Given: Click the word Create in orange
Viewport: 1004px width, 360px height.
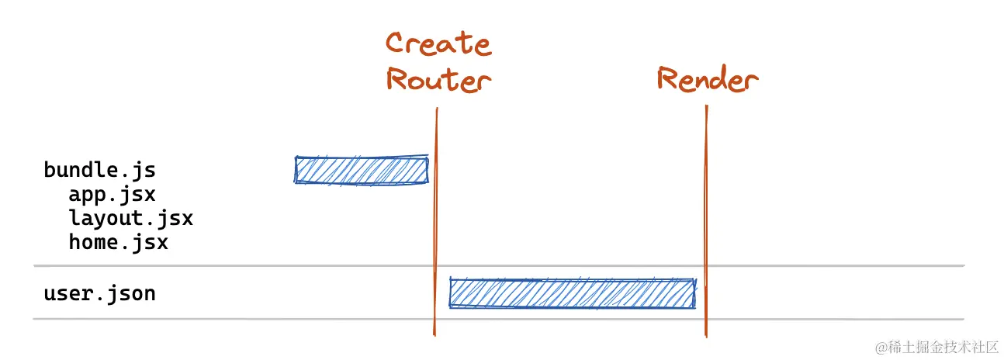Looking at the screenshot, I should (438, 43).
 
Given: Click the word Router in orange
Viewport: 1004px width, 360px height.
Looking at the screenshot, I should (438, 79).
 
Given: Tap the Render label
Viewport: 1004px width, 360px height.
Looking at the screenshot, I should (707, 79).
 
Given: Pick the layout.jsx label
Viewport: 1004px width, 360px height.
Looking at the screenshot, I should (130, 218).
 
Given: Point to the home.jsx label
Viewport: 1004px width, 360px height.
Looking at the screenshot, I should (118, 242).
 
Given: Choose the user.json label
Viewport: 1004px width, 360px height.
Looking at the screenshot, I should (99, 293).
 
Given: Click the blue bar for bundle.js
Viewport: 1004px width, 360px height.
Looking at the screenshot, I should (362, 170).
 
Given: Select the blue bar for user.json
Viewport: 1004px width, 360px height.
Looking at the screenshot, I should (572, 293).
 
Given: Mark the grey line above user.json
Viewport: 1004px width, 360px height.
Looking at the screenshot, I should (233, 266).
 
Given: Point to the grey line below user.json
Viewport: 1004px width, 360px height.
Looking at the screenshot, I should (233, 318).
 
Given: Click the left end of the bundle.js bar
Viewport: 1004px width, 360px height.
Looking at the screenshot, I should (297, 170).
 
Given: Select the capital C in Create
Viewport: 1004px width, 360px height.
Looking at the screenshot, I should (397, 43).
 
